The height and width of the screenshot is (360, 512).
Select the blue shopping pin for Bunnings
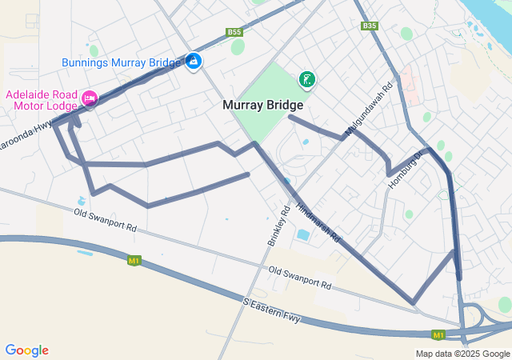(x=194, y=61)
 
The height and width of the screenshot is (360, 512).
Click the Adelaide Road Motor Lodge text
(x=41, y=100)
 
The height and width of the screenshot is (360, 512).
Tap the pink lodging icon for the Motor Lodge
(x=89, y=99)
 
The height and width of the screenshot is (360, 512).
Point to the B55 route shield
(x=234, y=32)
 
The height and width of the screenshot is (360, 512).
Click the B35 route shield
(x=369, y=26)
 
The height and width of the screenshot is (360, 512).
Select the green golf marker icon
(x=306, y=78)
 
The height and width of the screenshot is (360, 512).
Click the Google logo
(x=26, y=350)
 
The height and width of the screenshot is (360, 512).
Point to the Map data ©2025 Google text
(x=462, y=354)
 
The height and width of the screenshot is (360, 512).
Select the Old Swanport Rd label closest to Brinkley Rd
(x=299, y=278)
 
